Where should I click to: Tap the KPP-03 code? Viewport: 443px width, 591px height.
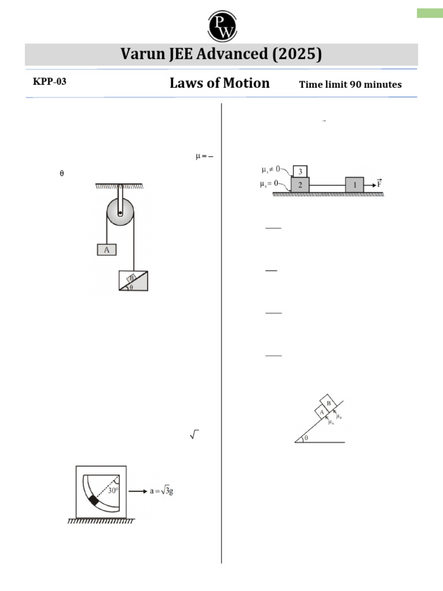click(x=50, y=82)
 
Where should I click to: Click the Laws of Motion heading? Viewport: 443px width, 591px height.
click(x=219, y=83)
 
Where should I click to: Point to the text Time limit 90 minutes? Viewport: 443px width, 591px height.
click(x=350, y=85)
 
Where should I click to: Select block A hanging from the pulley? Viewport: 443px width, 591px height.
click(x=107, y=249)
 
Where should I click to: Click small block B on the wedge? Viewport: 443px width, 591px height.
click(x=132, y=277)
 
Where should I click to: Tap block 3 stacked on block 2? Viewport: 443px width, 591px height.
click(x=301, y=171)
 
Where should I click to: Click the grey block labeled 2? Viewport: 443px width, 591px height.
click(x=300, y=185)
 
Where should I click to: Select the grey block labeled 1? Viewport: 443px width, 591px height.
click(x=355, y=185)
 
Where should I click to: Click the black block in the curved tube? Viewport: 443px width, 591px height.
click(x=94, y=500)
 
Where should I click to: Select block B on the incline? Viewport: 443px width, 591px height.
click(x=328, y=403)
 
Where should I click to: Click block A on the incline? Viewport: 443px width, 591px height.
click(x=320, y=413)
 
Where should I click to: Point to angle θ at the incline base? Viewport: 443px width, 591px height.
click(x=306, y=438)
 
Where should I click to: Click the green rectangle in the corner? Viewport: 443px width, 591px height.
click(x=430, y=13)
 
